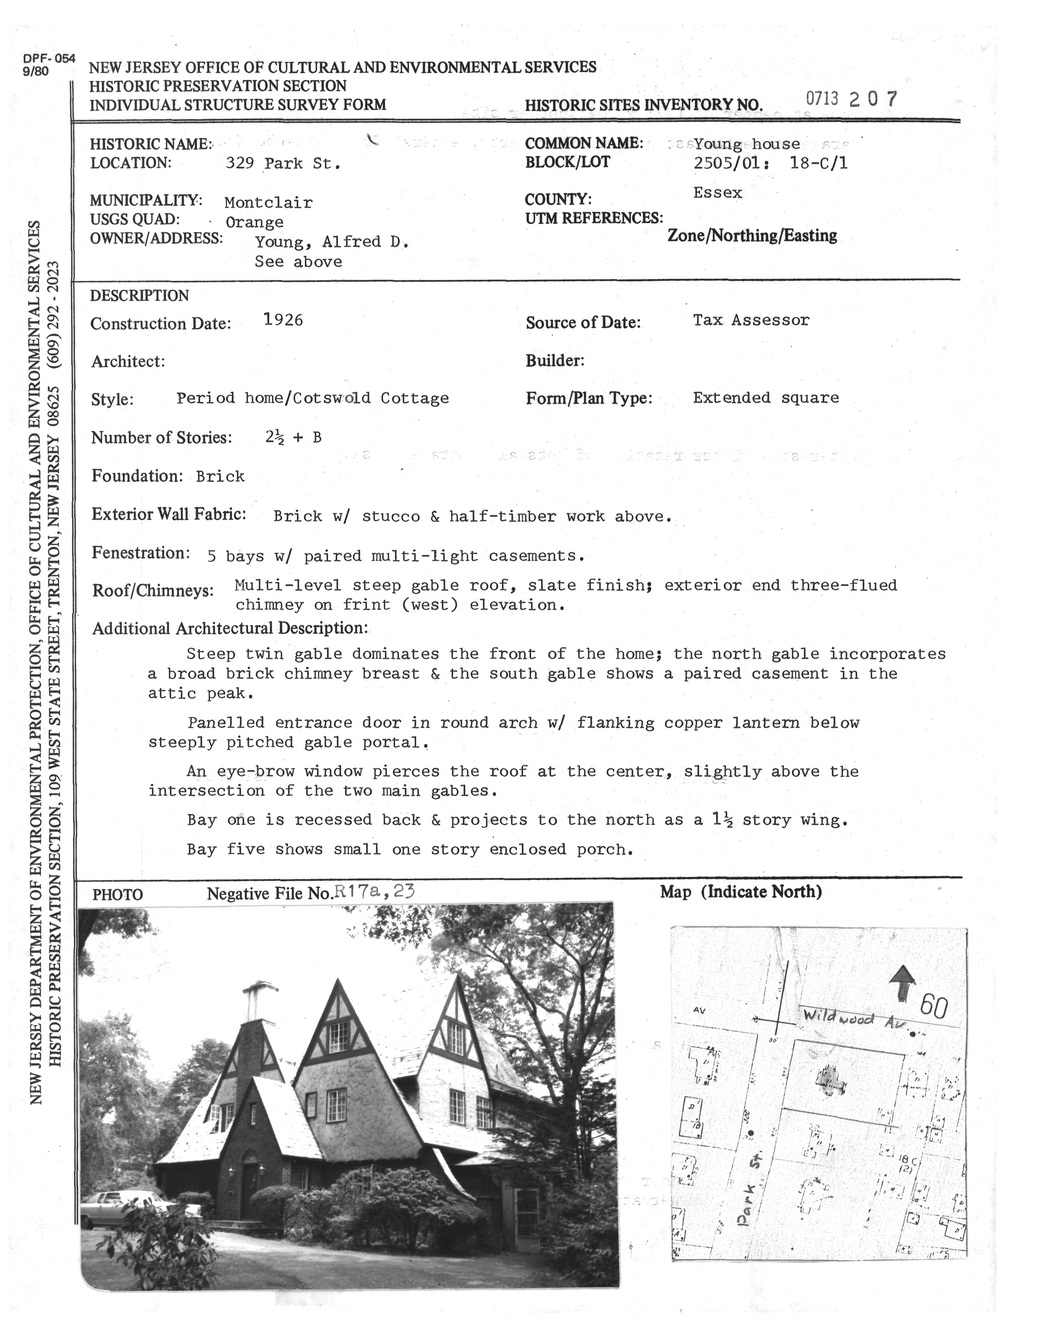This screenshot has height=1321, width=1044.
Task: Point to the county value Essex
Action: pyautogui.click(x=718, y=193)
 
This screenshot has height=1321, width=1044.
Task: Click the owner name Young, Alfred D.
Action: pyautogui.click(x=331, y=242)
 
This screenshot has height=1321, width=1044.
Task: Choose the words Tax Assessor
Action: pyautogui.click(x=751, y=320)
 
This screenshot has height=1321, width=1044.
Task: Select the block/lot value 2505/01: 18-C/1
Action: pyautogui.click(x=770, y=163)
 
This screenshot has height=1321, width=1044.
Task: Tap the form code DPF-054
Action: pyautogui.click(x=49, y=59)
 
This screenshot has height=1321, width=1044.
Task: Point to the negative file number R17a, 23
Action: pyautogui.click(x=373, y=892)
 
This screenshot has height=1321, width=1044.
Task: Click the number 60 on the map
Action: pyautogui.click(x=934, y=1006)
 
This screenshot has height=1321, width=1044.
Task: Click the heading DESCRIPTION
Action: pyautogui.click(x=139, y=296)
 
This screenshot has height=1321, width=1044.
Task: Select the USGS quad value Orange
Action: pyautogui.click(x=254, y=222)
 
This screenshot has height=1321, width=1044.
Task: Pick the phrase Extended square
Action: pyautogui.click(x=765, y=398)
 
